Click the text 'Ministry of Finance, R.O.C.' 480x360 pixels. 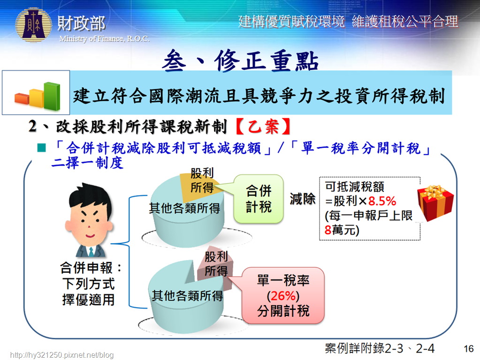point(104,38)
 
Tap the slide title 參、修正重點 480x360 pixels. point(240,60)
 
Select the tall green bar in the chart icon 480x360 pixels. point(52,96)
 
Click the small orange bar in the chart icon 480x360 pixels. point(22,99)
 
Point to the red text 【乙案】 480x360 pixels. point(263,126)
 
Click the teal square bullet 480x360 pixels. point(41,148)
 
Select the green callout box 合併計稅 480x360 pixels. point(259,199)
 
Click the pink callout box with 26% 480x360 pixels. point(283,295)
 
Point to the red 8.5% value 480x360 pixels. point(382,201)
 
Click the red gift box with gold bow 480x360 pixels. point(435,202)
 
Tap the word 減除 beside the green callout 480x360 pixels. point(303,199)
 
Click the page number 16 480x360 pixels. point(469,349)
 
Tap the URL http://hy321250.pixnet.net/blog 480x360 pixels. point(62,355)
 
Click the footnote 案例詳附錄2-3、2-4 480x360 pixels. point(380,348)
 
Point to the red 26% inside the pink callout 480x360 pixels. point(283,296)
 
